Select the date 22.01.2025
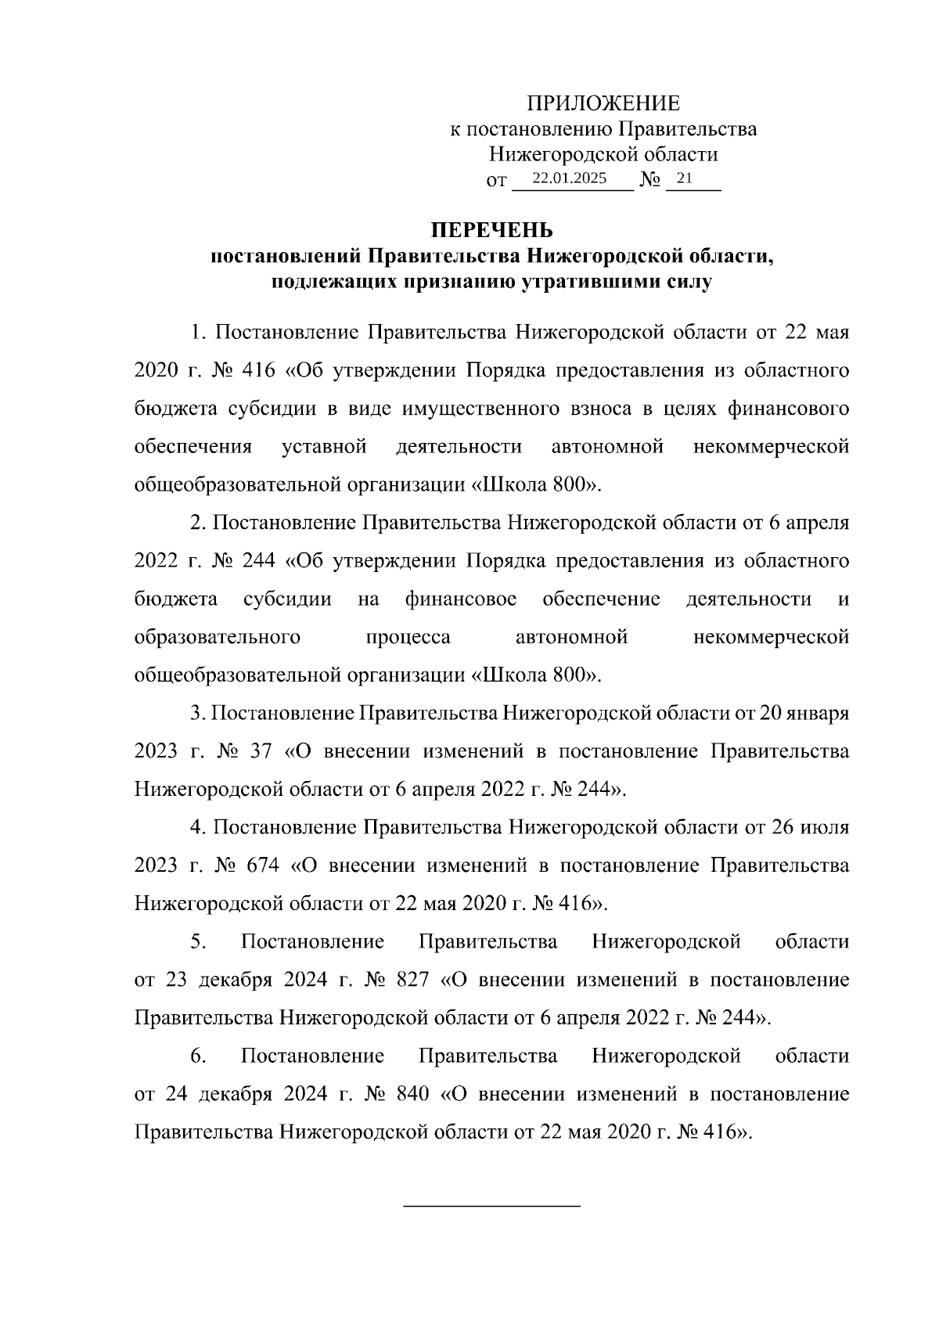tap(569, 178)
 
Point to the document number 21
tap(684, 178)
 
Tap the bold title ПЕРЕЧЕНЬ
tap(493, 231)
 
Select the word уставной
tap(324, 447)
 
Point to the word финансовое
tap(461, 599)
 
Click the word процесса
tap(408, 638)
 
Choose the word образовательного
tap(218, 638)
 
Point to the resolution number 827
tap(413, 981)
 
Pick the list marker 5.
tap(198, 942)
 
